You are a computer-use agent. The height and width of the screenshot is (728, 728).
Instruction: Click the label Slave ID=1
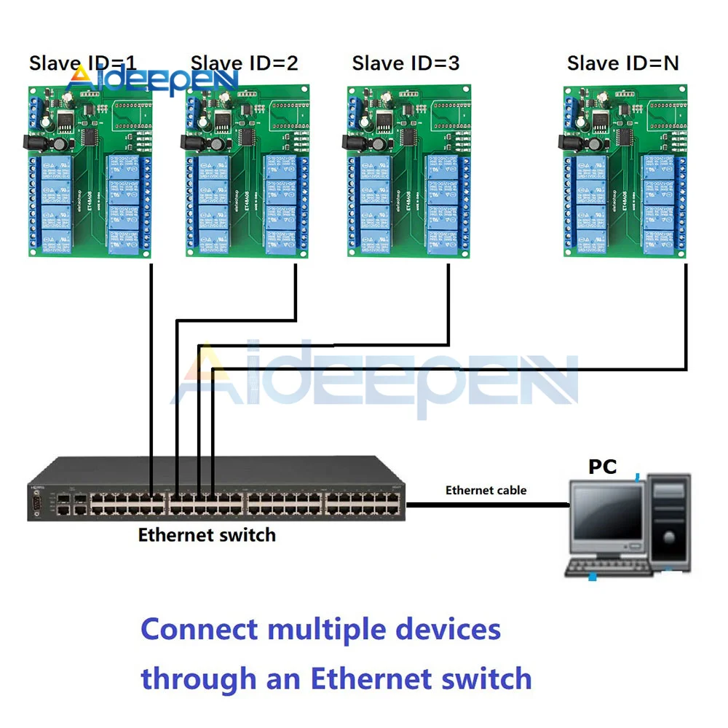tap(82, 63)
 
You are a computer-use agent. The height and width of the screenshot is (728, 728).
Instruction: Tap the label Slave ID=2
tap(244, 63)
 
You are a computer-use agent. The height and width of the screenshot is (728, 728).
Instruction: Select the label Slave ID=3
tap(405, 63)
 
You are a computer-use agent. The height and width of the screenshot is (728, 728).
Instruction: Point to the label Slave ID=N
tap(622, 63)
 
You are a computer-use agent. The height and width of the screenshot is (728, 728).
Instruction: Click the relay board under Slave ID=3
tap(406, 171)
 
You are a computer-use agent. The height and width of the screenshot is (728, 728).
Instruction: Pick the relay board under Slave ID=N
tap(623, 171)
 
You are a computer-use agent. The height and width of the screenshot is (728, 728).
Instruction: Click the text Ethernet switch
tap(207, 535)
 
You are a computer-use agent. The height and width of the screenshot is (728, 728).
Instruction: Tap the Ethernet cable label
tap(486, 490)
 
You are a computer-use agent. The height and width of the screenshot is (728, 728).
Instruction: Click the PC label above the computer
tap(603, 467)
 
